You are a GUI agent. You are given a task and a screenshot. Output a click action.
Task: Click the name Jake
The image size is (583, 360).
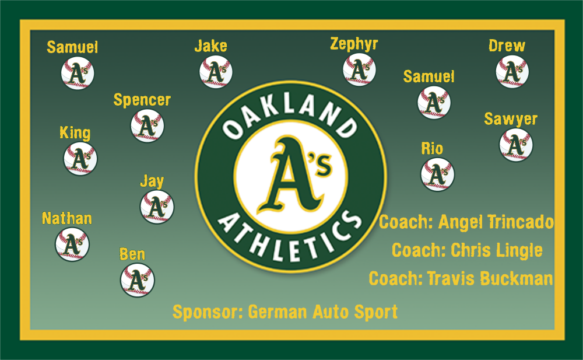(211, 46)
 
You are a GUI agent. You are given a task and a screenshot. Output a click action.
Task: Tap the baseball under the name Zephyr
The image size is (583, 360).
(359, 69)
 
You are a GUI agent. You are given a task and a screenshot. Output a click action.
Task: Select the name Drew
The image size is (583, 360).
(507, 46)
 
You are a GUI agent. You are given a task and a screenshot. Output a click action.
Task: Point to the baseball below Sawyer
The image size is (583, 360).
(516, 145)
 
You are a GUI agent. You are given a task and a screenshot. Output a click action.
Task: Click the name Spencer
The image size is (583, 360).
(142, 100)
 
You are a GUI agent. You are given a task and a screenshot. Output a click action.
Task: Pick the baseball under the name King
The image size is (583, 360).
(80, 159)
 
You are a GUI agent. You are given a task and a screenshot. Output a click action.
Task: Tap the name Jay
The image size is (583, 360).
(152, 181)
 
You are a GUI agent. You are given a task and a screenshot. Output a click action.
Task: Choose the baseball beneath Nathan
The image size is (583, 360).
(72, 244)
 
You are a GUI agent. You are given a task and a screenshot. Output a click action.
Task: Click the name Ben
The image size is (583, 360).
(132, 254)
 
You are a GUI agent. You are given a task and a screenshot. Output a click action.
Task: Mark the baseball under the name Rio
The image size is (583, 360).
(437, 174)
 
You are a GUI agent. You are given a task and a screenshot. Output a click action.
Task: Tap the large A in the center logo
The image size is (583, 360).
(290, 175)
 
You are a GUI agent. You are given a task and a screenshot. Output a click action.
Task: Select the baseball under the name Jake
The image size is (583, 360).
(216, 72)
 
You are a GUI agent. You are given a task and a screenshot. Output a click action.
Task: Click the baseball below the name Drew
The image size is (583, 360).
(512, 72)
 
